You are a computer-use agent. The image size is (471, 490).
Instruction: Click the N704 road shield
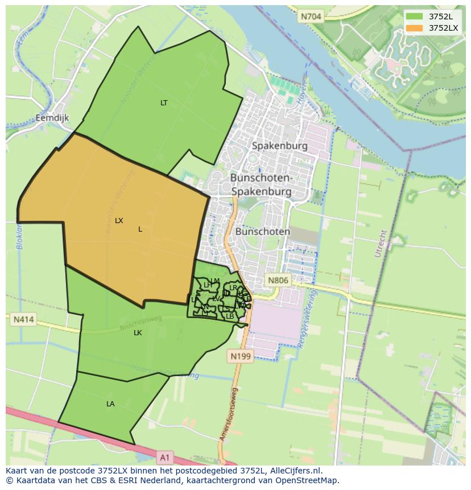click(x=311, y=17)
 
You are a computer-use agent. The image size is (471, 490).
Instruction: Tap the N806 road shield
click(x=278, y=280)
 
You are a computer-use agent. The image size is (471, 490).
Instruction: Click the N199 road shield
click(x=240, y=356)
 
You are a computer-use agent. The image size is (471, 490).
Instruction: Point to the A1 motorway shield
click(x=165, y=456)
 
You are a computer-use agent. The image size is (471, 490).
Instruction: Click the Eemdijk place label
click(x=52, y=118)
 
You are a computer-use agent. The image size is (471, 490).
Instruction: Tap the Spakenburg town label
click(x=279, y=146)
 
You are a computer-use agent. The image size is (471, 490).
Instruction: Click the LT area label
click(x=164, y=103)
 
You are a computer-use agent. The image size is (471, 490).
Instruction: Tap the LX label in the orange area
click(x=119, y=221)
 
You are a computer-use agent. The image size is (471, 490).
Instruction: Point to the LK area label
click(x=138, y=333)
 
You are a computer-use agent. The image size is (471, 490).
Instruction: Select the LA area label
click(x=110, y=404)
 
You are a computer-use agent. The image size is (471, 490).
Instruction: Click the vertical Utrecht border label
click(x=379, y=244)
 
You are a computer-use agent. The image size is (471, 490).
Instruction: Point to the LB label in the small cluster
click(x=230, y=316)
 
